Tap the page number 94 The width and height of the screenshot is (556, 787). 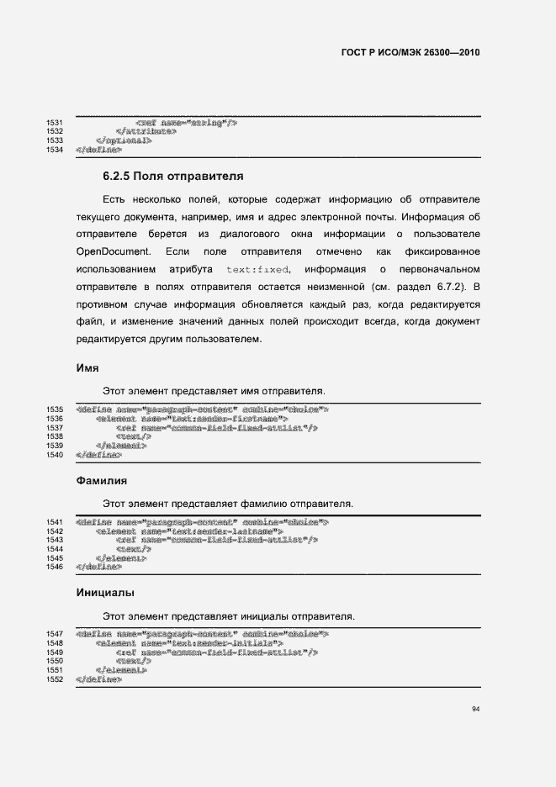pos(475,710)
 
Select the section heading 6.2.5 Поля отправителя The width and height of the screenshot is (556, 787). pos(172,177)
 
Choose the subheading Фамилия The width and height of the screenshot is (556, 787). pos(102,481)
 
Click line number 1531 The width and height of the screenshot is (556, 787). pos(55,123)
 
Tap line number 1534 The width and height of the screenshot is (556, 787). pos(55,150)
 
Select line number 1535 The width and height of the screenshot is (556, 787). pos(55,409)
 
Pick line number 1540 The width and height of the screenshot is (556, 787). pos(55,455)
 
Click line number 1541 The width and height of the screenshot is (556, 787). pos(55,522)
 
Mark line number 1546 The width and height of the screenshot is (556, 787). pos(55,568)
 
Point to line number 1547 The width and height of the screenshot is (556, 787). pos(55,633)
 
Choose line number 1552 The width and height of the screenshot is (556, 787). pos(55,679)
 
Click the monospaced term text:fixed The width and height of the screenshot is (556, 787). pos(258,270)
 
